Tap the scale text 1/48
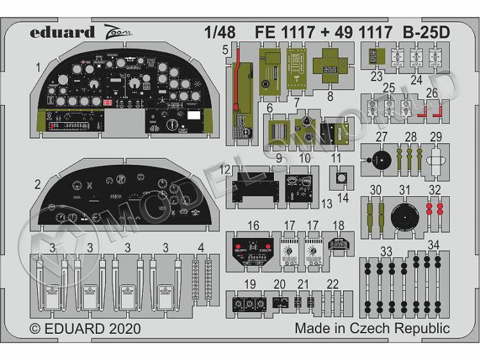[220, 31]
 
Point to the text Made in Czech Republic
[372, 329]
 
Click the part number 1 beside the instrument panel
[38, 67]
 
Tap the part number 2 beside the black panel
[38, 185]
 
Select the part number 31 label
[404, 190]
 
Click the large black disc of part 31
[404, 217]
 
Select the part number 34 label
[433, 244]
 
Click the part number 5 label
[226, 49]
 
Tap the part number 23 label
[376, 80]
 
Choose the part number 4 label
[201, 247]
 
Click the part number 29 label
[435, 136]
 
